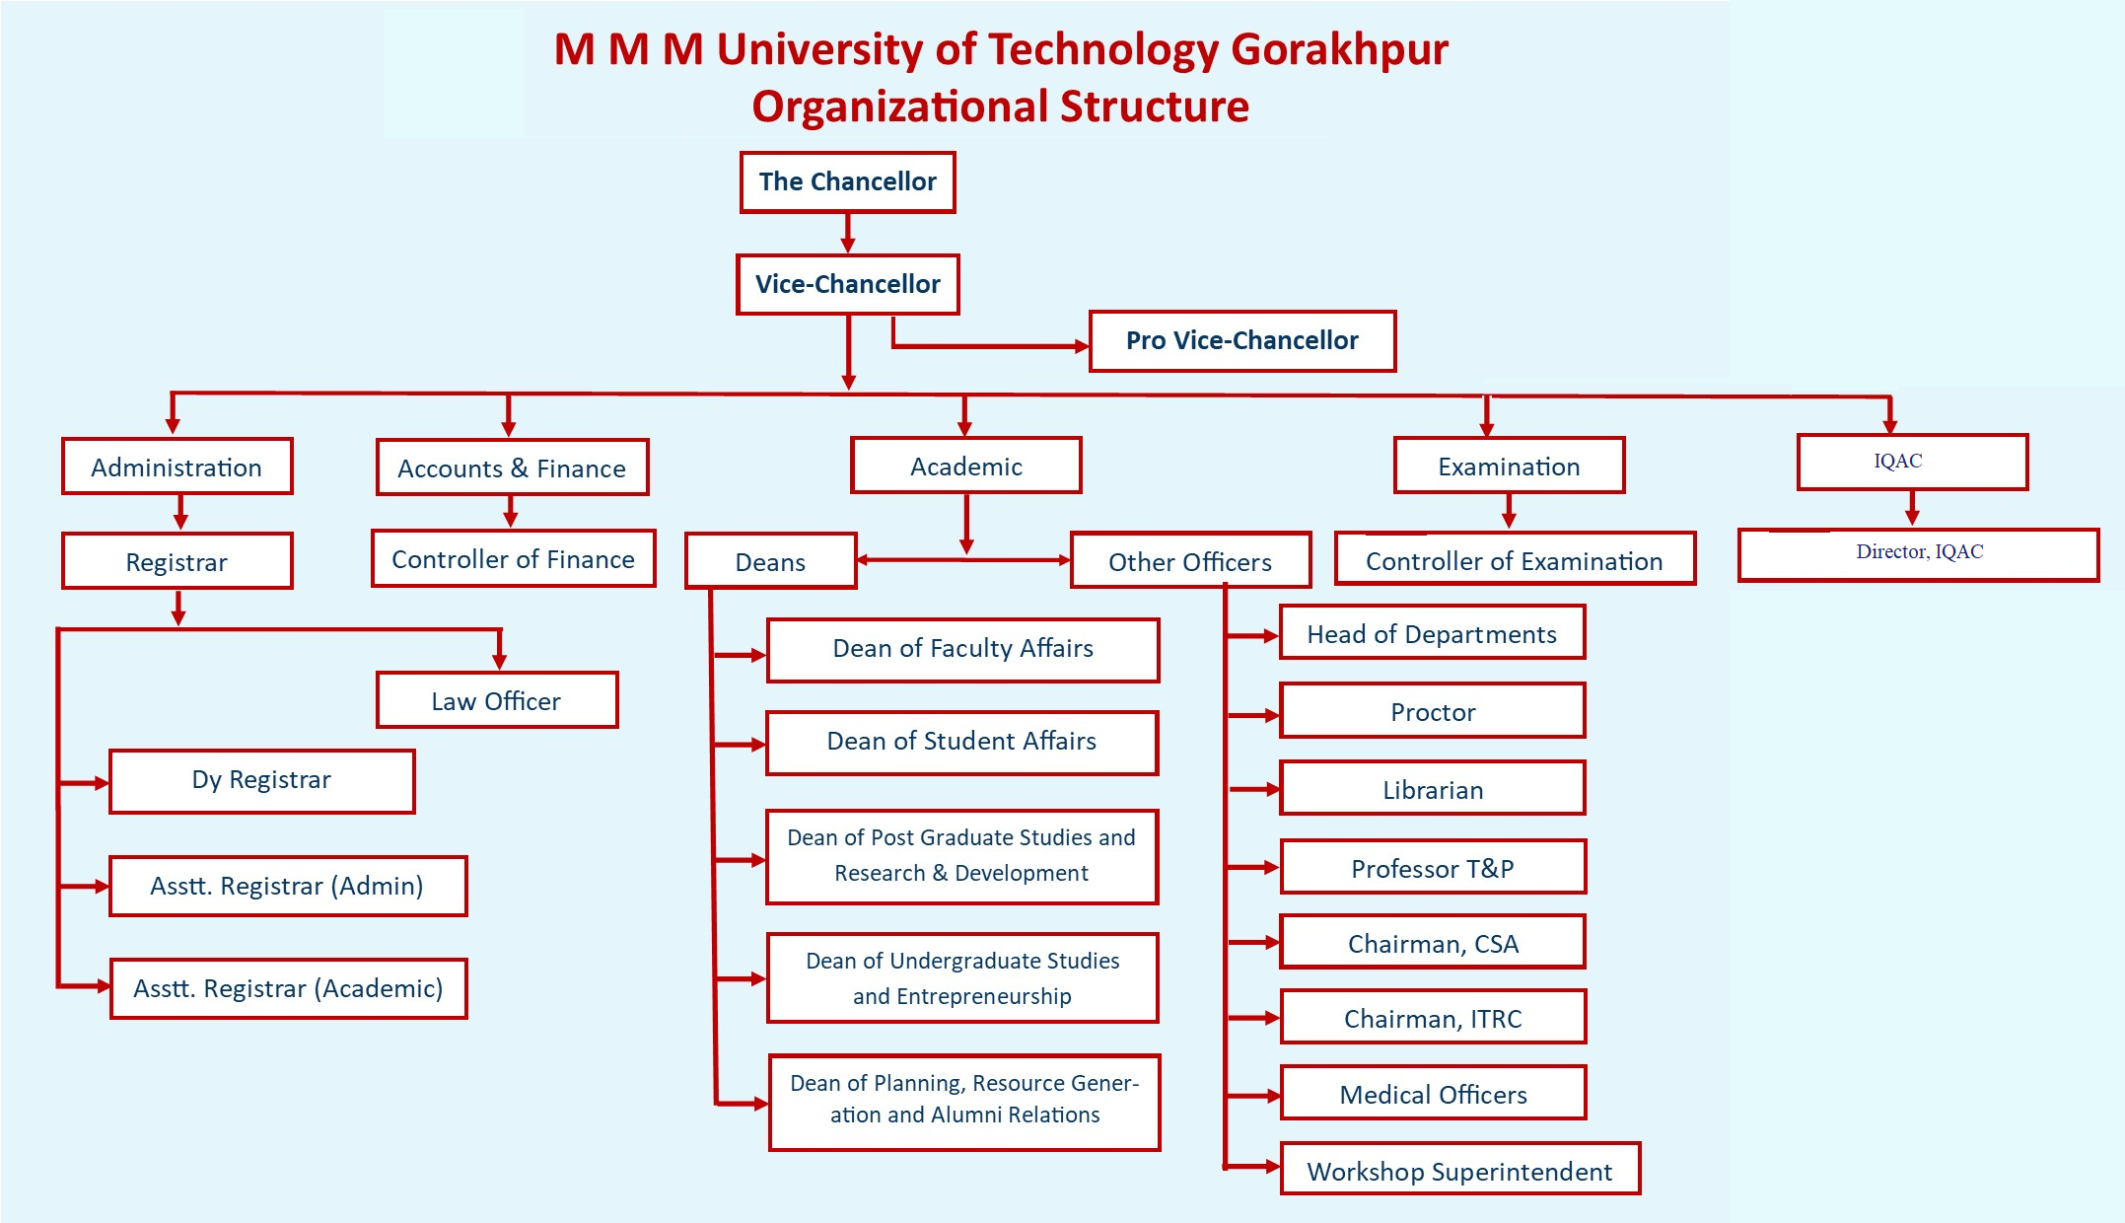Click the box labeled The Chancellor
[848, 181]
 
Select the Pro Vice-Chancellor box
[1242, 341]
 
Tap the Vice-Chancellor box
[848, 285]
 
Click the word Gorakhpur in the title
[1340, 49]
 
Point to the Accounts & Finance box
[513, 468]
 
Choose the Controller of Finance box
[514, 558]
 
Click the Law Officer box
[497, 700]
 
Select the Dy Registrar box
[262, 781]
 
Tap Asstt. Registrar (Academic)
[288, 988]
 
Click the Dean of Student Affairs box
[962, 743]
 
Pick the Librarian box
[1433, 788]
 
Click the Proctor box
[1433, 710]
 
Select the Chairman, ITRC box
[1434, 1017]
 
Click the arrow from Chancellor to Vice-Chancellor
[848, 233]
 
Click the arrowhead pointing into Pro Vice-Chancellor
[1081, 346]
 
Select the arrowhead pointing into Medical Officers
[1272, 1096]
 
